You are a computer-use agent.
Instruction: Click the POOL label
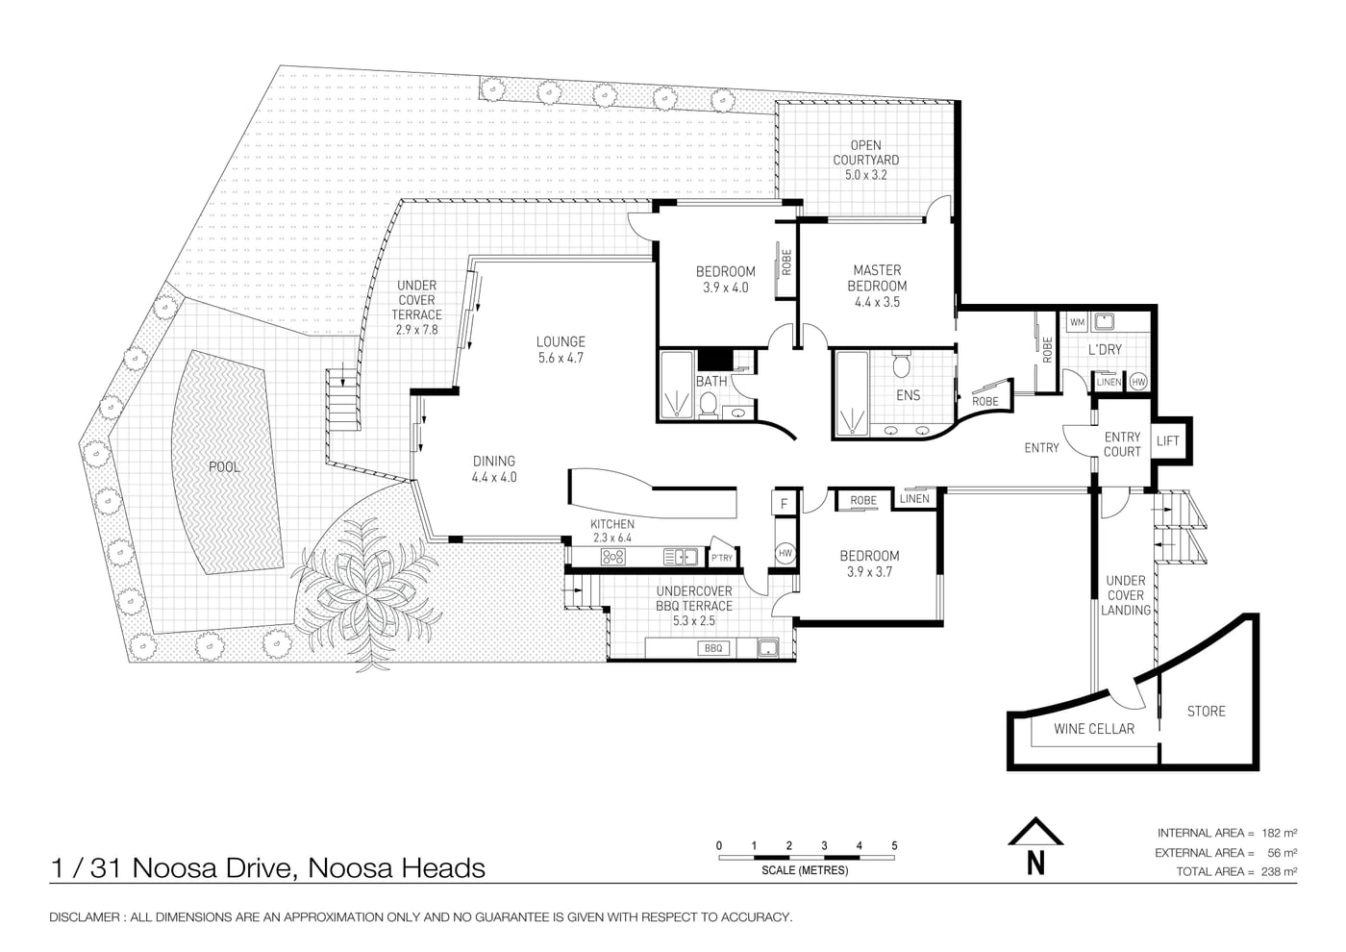coord(224,467)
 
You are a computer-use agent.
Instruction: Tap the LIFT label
coord(1167,441)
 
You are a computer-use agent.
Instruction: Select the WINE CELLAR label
coord(1094,729)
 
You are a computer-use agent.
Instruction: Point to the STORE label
coord(1206,712)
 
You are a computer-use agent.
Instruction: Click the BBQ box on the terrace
coord(713,648)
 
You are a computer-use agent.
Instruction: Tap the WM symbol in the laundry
coord(1077,322)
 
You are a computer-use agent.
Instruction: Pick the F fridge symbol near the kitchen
coord(784,504)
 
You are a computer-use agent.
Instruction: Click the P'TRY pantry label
coord(722,558)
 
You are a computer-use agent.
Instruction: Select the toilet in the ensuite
coord(901,364)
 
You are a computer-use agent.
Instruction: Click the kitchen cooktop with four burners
coord(613,557)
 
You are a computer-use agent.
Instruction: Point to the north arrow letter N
coord(1035,864)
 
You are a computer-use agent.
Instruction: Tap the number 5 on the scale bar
coord(894,845)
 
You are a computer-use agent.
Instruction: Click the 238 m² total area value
coord(1279,871)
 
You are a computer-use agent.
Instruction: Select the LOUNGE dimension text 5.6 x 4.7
coord(560,358)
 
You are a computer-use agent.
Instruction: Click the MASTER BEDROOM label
coord(877,278)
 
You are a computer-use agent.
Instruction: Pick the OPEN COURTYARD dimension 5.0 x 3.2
coord(865,175)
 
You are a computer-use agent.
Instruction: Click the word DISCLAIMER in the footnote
coord(85,917)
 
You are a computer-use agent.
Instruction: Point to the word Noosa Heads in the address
coord(396,868)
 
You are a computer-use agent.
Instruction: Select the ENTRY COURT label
coord(1122,444)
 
